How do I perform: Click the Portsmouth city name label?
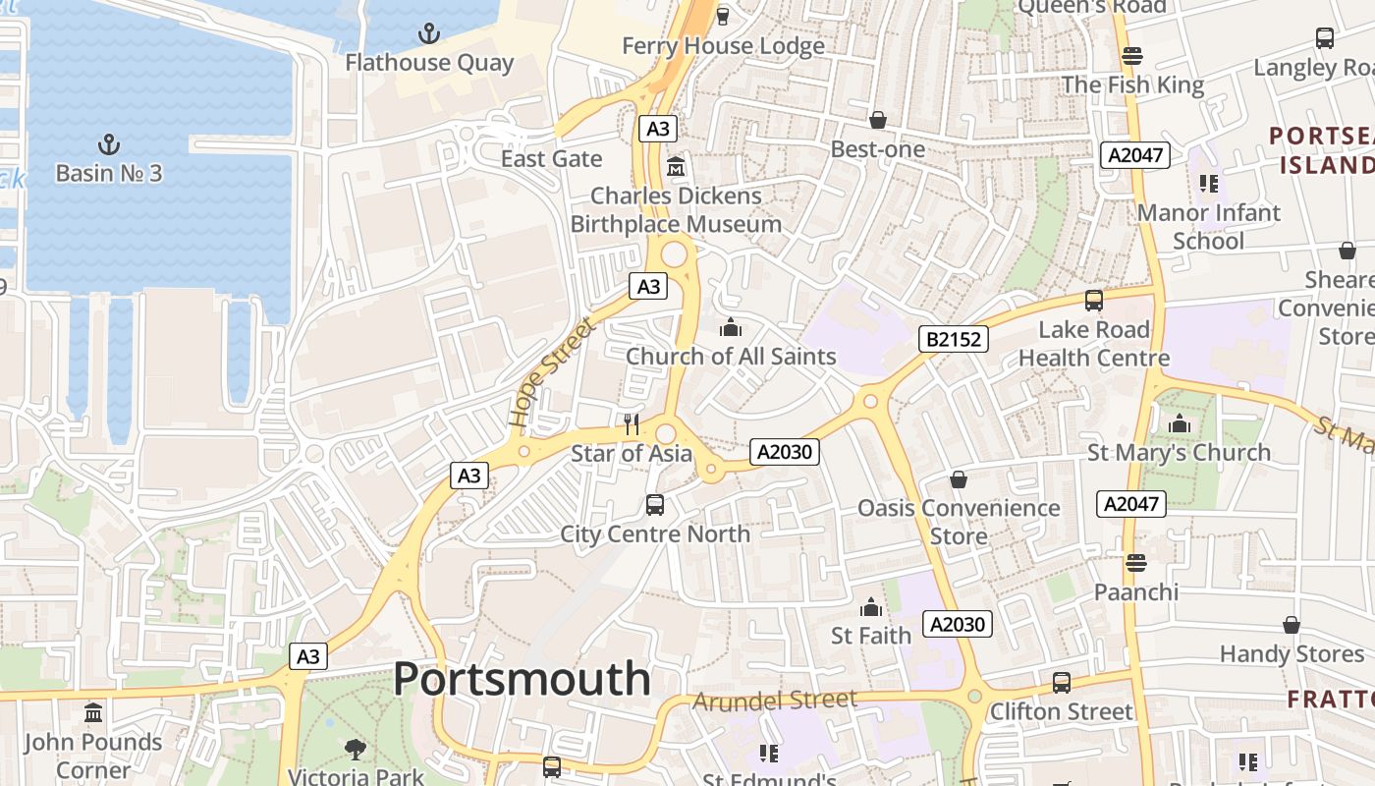pyautogui.click(x=522, y=679)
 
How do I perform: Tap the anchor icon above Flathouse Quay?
pyautogui.click(x=429, y=34)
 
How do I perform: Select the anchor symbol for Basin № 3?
pyautogui.click(x=109, y=145)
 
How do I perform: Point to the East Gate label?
pyautogui.click(x=551, y=158)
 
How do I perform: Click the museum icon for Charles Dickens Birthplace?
pyautogui.click(x=676, y=166)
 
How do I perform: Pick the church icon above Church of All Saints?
pyautogui.click(x=730, y=327)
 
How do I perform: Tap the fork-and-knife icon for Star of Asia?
pyautogui.click(x=632, y=424)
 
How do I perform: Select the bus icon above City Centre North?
pyautogui.click(x=655, y=505)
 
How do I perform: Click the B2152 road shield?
pyautogui.click(x=953, y=339)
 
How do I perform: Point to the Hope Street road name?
pyautogui.click(x=552, y=372)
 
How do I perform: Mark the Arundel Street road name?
pyautogui.click(x=775, y=701)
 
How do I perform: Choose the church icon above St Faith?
pyautogui.click(x=871, y=607)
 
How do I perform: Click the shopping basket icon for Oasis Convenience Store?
pyautogui.click(x=959, y=479)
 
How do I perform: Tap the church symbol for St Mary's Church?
pyautogui.click(x=1180, y=424)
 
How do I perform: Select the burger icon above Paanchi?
pyautogui.click(x=1136, y=563)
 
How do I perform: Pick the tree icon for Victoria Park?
pyautogui.click(x=356, y=750)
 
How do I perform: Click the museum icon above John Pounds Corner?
pyautogui.click(x=93, y=712)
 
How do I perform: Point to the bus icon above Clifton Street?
pyautogui.click(x=1062, y=682)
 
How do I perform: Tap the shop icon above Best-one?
pyautogui.click(x=877, y=120)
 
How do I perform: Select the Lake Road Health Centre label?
pyautogui.click(x=1093, y=343)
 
